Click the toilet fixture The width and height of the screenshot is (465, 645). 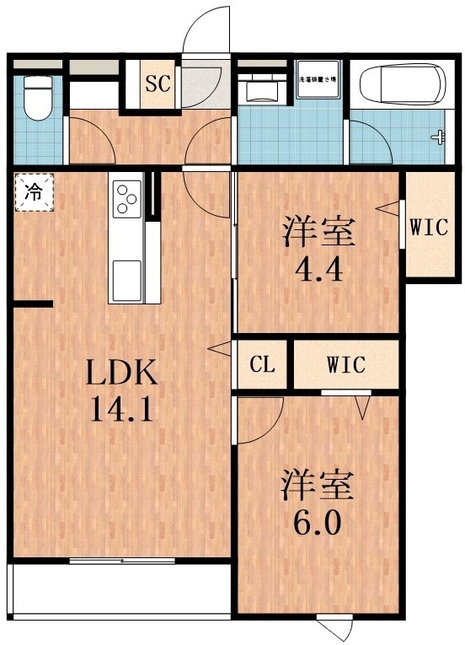pos(38,99)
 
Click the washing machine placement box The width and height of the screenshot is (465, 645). pos(318,85)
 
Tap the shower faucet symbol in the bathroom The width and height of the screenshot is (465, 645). pos(437,136)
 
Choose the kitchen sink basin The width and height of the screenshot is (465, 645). pos(127,277)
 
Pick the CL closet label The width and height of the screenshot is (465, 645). pos(262,365)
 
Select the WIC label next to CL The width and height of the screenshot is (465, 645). pos(345,365)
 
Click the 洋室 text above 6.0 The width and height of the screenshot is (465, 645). pos(318,485)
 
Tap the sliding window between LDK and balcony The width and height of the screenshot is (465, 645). pos(122,561)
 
